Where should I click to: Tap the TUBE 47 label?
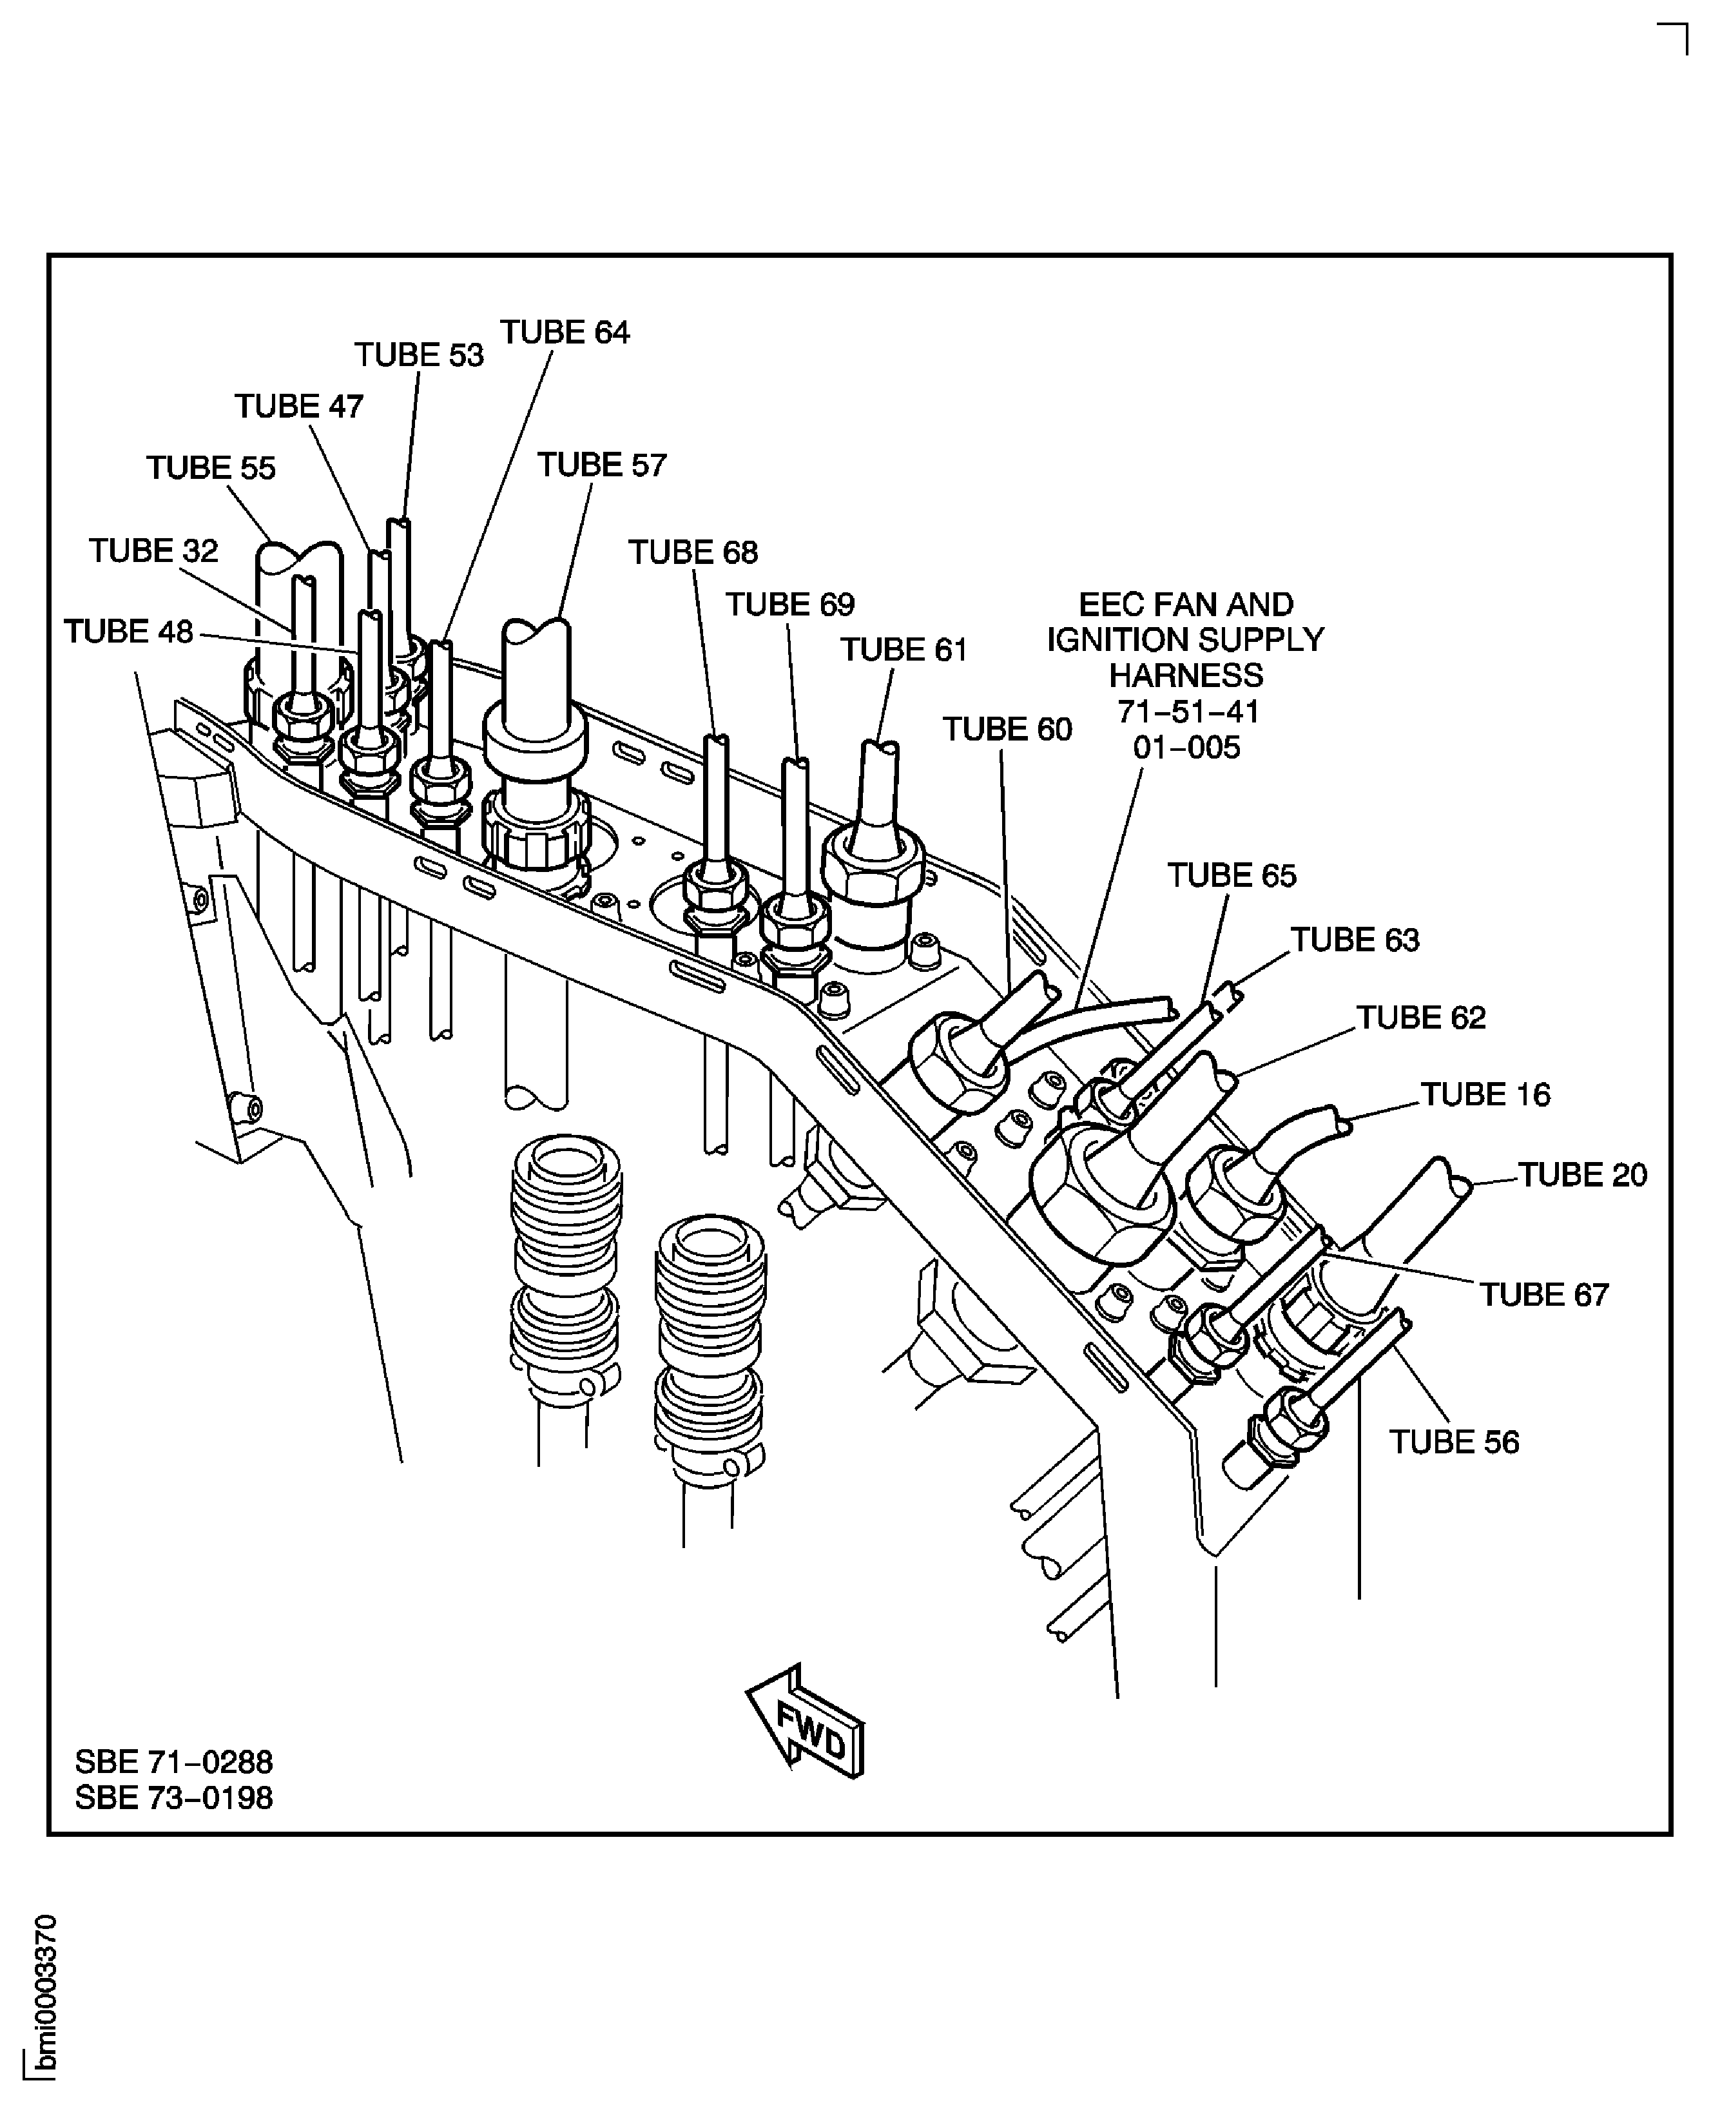click(298, 407)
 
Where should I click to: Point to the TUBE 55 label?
click(211, 468)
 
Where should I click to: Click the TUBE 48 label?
click(128, 632)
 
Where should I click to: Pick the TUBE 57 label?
click(601, 465)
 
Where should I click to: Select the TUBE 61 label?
click(904, 650)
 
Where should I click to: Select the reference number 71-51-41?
click(1188, 712)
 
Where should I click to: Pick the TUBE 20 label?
click(1582, 1176)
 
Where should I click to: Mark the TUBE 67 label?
click(1543, 1295)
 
